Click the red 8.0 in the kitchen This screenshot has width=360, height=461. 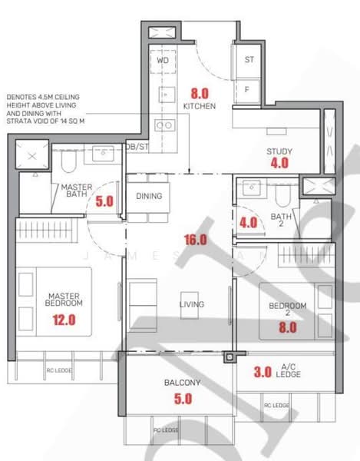[200, 93]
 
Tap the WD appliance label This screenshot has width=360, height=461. [163, 59]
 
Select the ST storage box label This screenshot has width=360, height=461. [249, 59]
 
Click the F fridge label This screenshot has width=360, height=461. [247, 89]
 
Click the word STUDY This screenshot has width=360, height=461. [279, 151]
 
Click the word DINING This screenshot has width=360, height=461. [149, 196]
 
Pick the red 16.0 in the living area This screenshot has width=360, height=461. [195, 240]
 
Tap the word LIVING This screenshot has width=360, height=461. [191, 304]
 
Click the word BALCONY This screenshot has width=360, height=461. [182, 383]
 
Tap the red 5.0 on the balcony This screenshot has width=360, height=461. [182, 399]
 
